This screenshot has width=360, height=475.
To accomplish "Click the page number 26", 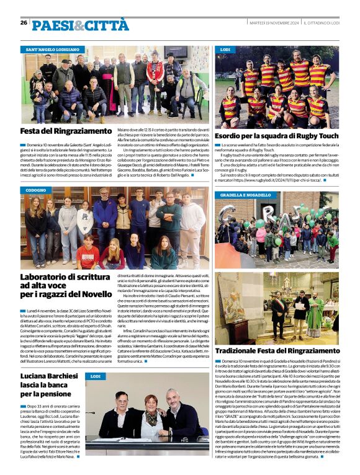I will [x=24, y=23].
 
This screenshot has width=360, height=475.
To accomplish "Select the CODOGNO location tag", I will [x=36, y=190].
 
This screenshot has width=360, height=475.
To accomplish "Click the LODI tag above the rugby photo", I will [x=225, y=48].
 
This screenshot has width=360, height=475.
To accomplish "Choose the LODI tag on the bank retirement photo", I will [x=94, y=376].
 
